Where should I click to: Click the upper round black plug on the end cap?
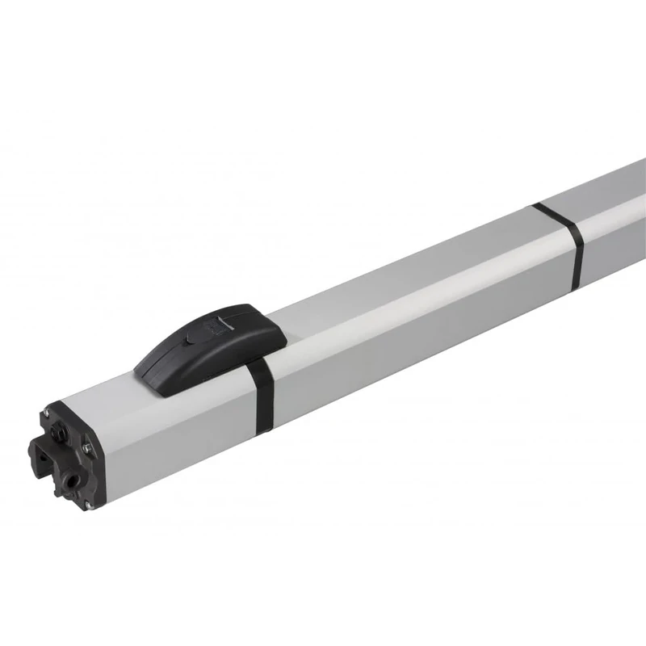[57, 433]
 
